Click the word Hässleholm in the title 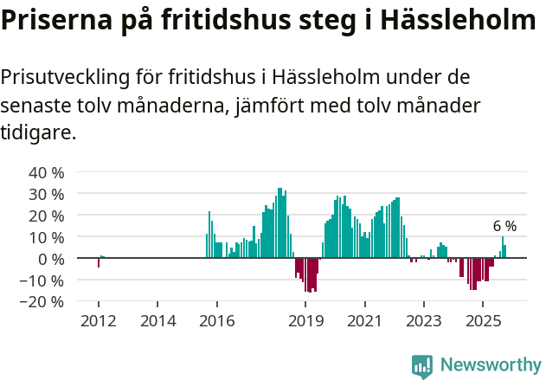coord(459,20)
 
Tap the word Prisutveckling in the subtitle coord(65,77)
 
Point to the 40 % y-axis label coord(47,171)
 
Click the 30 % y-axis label coord(47,193)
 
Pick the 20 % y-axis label coord(47,215)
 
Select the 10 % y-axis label coord(47,236)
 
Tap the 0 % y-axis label coord(51,258)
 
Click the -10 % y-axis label coord(43,280)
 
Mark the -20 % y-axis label coord(43,301)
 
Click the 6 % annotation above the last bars coord(504,226)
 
